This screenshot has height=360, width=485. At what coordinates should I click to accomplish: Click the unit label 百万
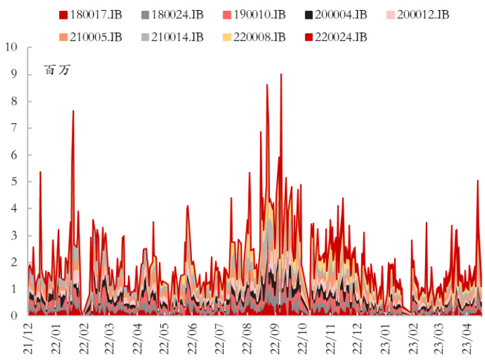click(57, 69)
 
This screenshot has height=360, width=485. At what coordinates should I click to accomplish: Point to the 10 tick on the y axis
click(11, 47)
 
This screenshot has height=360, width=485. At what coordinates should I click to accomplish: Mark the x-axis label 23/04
click(465, 337)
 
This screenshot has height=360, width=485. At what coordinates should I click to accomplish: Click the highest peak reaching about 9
click(281, 75)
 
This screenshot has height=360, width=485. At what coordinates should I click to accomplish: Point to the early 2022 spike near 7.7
click(73, 111)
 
